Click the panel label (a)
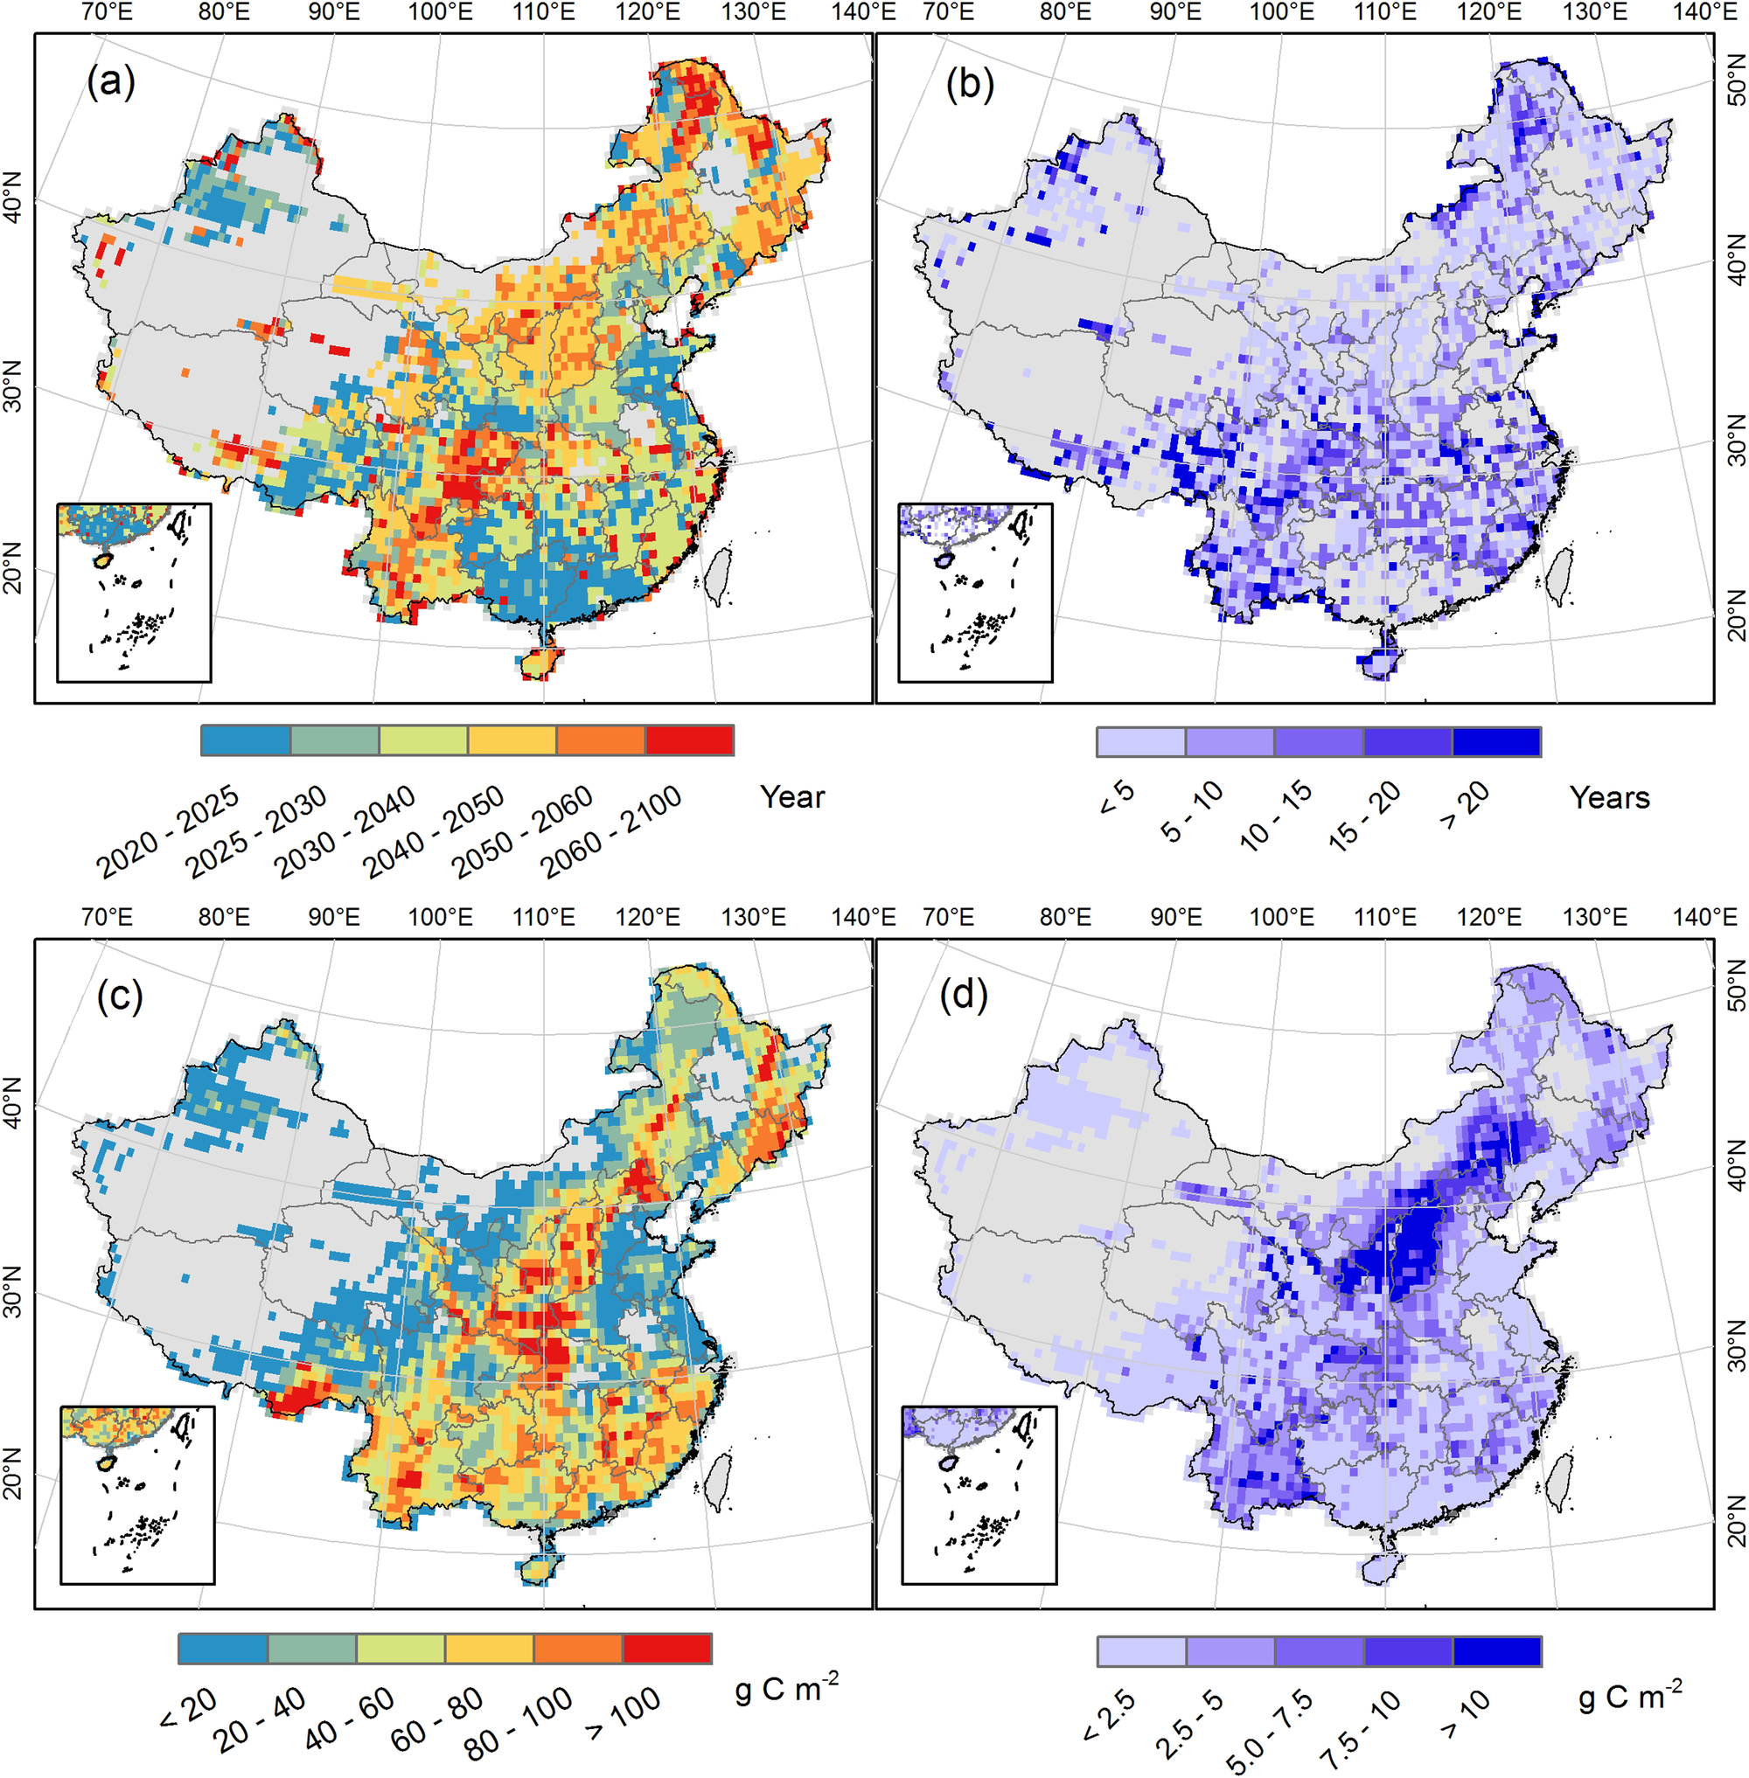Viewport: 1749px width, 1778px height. point(111,84)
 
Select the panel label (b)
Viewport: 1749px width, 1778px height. point(970,85)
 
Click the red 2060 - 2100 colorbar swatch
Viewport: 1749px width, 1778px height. point(689,740)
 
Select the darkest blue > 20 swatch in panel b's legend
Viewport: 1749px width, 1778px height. point(1496,741)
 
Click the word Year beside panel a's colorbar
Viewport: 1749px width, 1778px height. point(791,797)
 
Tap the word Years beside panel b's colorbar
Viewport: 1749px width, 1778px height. point(1609,797)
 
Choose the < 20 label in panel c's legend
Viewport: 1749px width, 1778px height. point(188,1705)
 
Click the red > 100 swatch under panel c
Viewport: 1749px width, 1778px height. point(667,1648)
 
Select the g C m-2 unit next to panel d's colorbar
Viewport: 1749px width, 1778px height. point(1629,1694)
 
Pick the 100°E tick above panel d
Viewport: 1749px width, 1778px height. point(1282,917)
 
